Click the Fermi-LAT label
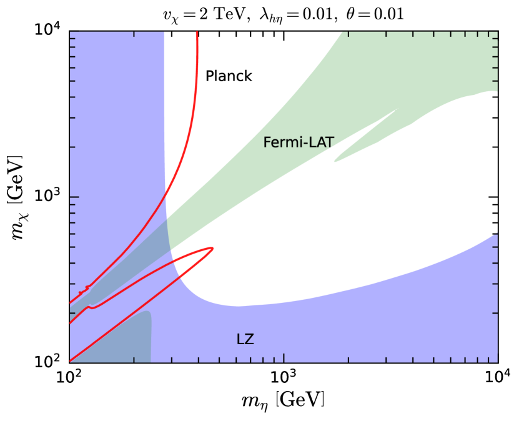pyautogui.click(x=298, y=142)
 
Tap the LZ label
pyautogui.click(x=245, y=340)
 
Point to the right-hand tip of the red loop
pyautogui.click(x=214, y=248)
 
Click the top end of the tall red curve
pyautogui.click(x=197, y=32)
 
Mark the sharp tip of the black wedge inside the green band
pyautogui.click(x=393, y=112)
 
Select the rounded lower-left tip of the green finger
pyautogui.click(x=335, y=161)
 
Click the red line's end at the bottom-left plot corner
pyautogui.click(x=71, y=360)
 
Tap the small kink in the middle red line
pyautogui.click(x=91, y=307)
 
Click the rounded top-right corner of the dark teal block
pyautogui.click(x=150, y=313)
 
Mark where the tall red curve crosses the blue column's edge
pyautogui.click(x=166, y=199)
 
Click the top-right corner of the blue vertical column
pyautogui.click(x=164, y=32)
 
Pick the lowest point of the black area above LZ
pyautogui.click(x=237, y=305)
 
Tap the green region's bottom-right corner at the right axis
pyautogui.click(x=497, y=91)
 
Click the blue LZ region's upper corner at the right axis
pyautogui.click(x=497, y=234)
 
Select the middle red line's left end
pyautogui.click(x=71, y=323)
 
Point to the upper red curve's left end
pyautogui.click(x=71, y=303)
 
